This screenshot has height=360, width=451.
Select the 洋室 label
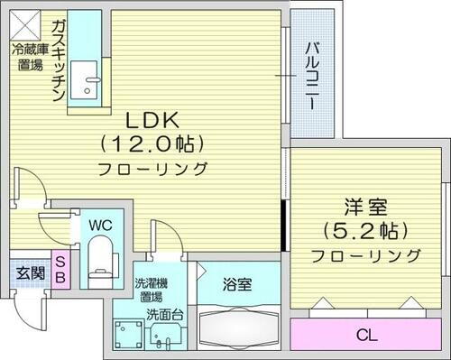364,206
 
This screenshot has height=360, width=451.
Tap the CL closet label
364,336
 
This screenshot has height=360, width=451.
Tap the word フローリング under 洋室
364,256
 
